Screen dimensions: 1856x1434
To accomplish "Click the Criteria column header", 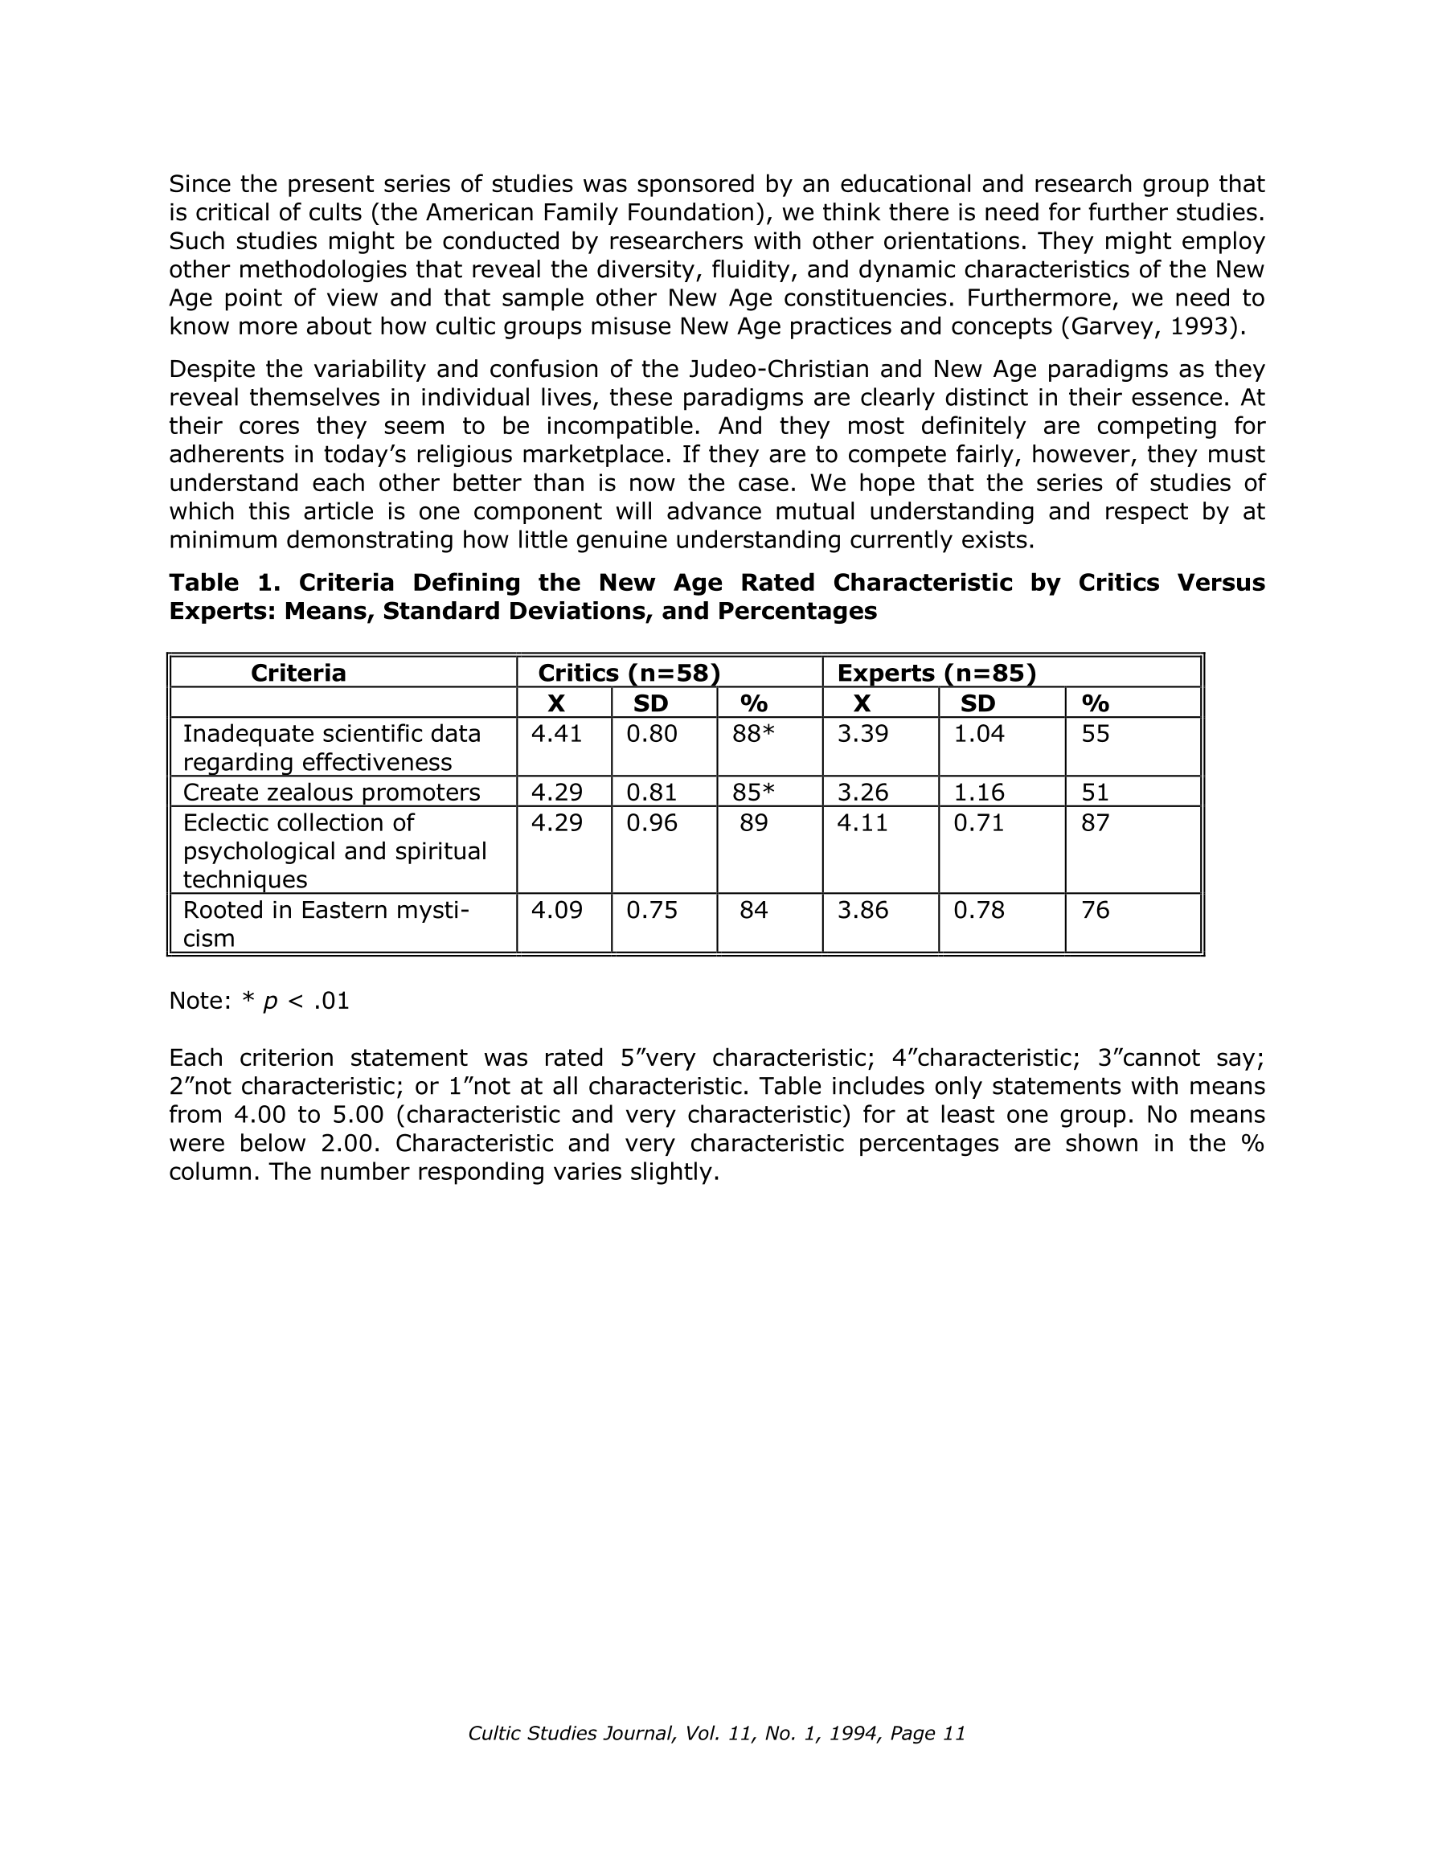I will tap(298, 673).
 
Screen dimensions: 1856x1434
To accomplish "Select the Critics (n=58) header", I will tap(629, 673).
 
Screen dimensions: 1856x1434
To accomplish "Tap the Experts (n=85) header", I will tap(936, 673).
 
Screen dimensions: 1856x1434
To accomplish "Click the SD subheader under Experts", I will tap(977, 703).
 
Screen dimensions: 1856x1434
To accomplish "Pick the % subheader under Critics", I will tap(754, 703).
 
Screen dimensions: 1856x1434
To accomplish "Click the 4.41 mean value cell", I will tap(557, 733).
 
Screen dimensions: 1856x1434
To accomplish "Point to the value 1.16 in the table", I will tap(978, 793).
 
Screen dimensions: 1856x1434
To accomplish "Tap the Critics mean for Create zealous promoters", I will tap(557, 793).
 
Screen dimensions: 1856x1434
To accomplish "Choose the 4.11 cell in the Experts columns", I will tap(862, 822).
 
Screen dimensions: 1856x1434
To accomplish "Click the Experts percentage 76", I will tap(1096, 910).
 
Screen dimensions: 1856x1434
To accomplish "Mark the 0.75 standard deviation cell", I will tap(652, 910).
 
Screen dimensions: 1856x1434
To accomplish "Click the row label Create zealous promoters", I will tap(331, 793).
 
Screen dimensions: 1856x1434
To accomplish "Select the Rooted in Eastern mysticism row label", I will tap(326, 924).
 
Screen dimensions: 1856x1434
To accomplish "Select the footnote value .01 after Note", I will tap(330, 1001).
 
